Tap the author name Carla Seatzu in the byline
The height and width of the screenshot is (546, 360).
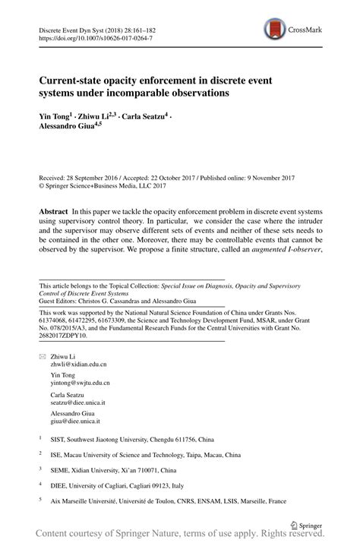144,118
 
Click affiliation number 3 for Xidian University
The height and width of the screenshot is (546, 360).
40,470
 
